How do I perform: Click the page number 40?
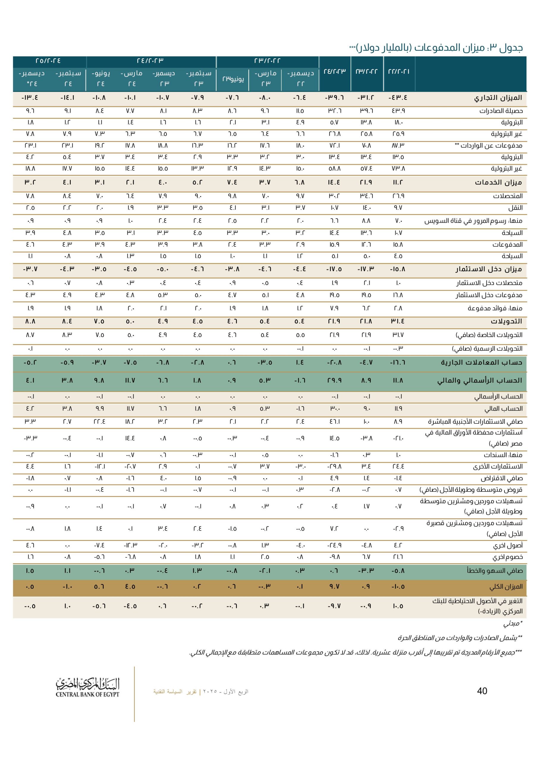[482, 691]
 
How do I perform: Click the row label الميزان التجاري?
[498, 98]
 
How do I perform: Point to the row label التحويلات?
[506, 322]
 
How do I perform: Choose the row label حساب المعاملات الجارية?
[481, 363]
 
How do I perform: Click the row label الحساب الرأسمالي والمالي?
[479, 381]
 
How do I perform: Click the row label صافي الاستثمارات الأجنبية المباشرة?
[475, 422]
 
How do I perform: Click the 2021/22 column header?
[399, 72]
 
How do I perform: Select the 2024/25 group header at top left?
[48, 61]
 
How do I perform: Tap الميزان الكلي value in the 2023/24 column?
[334, 587]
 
